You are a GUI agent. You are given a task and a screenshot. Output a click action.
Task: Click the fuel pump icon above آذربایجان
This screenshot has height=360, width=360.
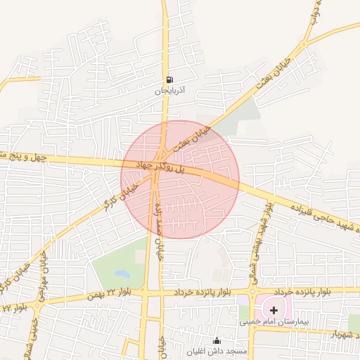168,79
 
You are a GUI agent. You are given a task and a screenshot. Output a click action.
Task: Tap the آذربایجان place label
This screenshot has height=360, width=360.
168,91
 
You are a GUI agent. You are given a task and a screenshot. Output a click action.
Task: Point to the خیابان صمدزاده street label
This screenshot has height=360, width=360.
158,221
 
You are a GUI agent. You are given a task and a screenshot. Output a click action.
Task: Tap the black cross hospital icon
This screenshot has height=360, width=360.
274,309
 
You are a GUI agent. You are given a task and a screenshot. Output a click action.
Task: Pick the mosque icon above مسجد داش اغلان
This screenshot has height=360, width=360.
216,340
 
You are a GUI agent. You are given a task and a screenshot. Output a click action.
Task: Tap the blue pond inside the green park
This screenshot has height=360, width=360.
122,273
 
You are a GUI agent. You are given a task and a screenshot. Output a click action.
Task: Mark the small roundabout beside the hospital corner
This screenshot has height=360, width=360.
252,291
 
